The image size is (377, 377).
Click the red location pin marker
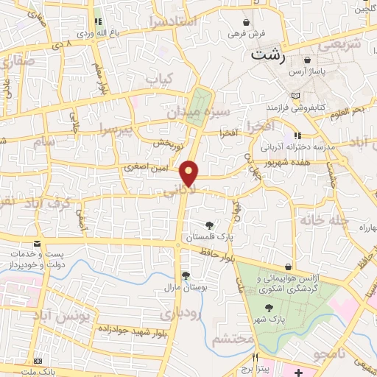(190, 174)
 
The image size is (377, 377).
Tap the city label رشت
(268, 54)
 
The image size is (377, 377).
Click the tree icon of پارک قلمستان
(211, 225)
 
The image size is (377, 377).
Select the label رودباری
(180, 314)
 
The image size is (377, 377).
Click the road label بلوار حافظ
(219, 256)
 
